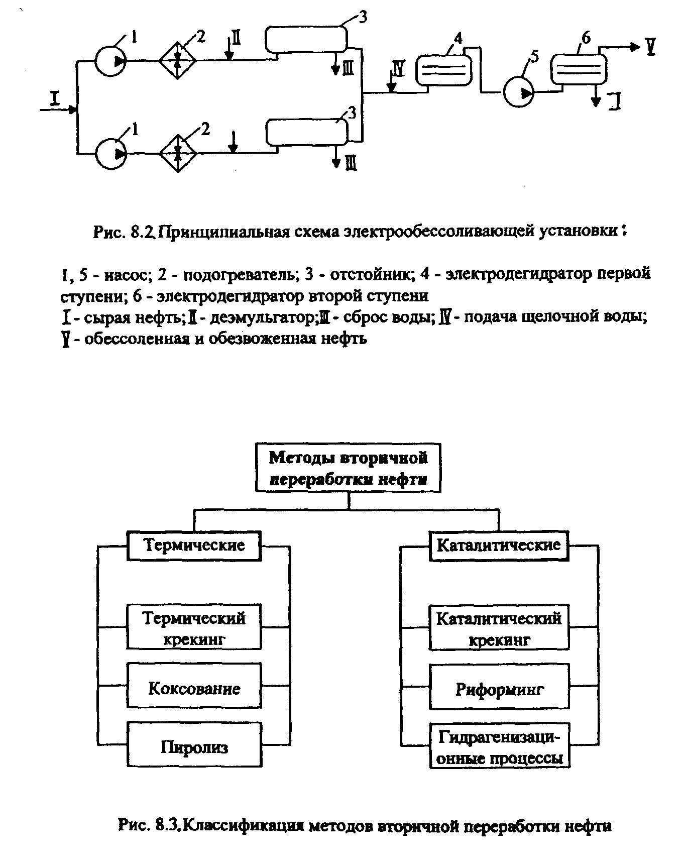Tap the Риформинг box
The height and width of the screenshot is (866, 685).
pyautogui.click(x=499, y=689)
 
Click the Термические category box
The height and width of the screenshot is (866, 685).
pyautogui.click(x=194, y=546)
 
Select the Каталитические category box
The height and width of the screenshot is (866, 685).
pyautogui.click(x=499, y=546)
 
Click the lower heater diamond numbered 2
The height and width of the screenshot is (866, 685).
pyautogui.click(x=178, y=153)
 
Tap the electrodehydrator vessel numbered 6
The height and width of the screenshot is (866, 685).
pyautogui.click(x=579, y=69)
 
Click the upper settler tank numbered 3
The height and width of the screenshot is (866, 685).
pyautogui.click(x=306, y=39)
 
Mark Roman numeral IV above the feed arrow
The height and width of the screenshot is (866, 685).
pyautogui.click(x=398, y=67)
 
